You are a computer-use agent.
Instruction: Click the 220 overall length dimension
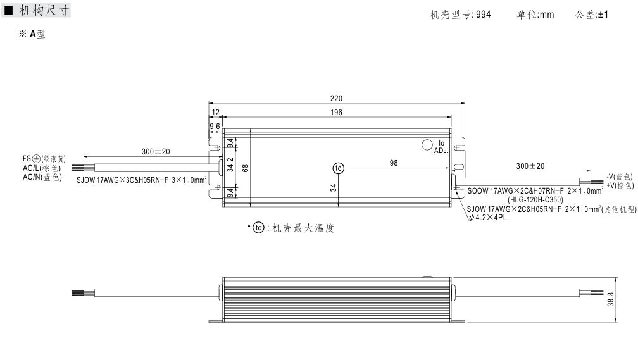[336, 98]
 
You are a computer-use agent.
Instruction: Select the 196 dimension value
[336, 112]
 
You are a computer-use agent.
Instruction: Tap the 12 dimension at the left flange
[215, 112]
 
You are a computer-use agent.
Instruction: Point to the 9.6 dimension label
[215, 127]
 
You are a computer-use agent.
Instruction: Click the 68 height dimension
[245, 168]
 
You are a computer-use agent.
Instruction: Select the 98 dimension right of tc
[394, 163]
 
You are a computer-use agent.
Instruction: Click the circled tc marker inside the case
[339, 168]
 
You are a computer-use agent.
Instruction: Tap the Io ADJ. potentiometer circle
[427, 144]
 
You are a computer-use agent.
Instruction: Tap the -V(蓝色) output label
[619, 177]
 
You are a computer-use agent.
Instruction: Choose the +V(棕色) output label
[619, 185]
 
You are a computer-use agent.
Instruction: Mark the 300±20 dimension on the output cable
[530, 166]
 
